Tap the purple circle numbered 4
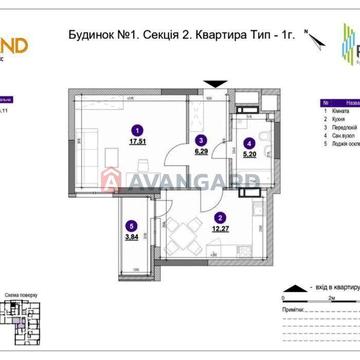click(x=246, y=144)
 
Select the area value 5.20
click(x=246, y=156)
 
